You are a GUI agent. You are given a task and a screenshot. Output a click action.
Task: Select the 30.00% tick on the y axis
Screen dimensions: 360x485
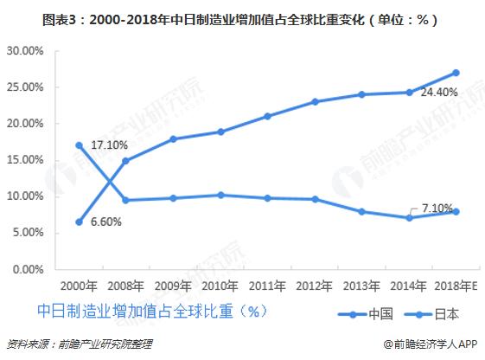[25, 51]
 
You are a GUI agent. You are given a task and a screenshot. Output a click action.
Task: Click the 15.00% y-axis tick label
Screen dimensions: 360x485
[25, 160]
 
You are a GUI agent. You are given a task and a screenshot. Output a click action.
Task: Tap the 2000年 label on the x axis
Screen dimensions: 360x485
[80, 285]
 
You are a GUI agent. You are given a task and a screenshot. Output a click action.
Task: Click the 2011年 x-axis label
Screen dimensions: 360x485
[268, 285]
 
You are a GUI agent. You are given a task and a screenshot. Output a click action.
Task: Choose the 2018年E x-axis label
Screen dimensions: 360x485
[456, 285]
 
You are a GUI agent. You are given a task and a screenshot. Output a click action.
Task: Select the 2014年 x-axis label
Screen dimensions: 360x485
[409, 285]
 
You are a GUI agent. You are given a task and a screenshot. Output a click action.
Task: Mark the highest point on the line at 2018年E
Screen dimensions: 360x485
[456, 73]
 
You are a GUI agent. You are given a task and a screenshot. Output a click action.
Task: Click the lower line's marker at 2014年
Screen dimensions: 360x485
[409, 218]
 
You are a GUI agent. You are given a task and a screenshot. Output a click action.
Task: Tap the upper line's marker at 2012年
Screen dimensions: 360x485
[315, 101]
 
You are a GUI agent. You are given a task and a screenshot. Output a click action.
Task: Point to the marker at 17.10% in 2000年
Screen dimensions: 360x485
[80, 145]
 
